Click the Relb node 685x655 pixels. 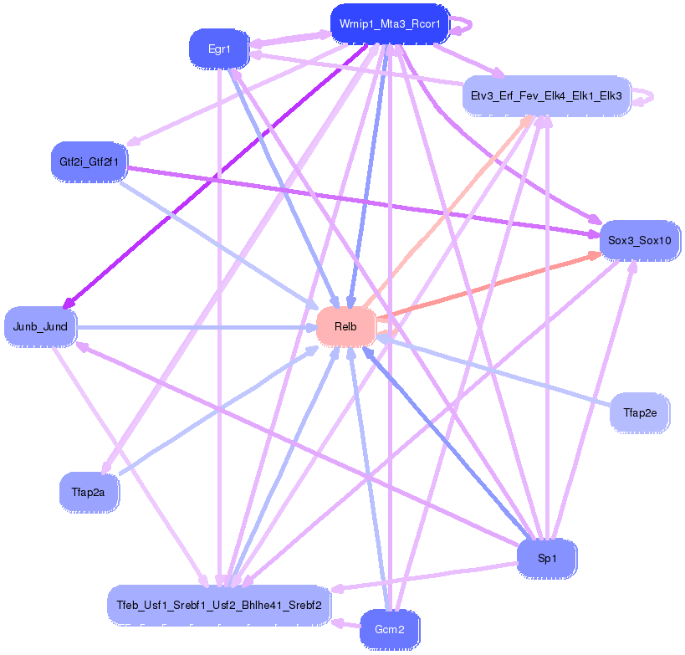tap(345, 326)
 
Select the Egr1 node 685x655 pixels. tap(219, 49)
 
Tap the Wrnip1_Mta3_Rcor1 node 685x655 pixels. tap(391, 24)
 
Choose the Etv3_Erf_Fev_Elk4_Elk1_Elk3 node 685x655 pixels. tap(546, 95)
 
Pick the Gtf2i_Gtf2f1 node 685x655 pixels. tap(89, 161)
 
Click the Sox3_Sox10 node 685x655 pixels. tap(639, 240)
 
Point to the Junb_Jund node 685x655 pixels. tap(40, 326)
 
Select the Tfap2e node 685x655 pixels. tap(640, 412)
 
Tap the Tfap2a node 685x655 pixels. tap(89, 492)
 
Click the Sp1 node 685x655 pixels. tap(547, 559)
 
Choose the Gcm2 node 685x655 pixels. tap(390, 629)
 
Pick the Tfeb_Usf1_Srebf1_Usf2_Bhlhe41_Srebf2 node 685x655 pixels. tap(219, 604)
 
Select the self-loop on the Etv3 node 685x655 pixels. tap(644, 97)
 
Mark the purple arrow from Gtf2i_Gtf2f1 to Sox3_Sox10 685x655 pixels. tap(360, 201)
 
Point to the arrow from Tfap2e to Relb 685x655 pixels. tap(493, 372)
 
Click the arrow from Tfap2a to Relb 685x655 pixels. tap(217, 410)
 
